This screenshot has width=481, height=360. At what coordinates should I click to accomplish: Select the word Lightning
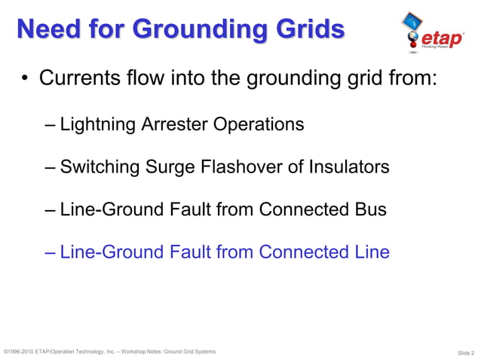point(97,124)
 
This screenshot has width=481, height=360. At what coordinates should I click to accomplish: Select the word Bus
point(371,209)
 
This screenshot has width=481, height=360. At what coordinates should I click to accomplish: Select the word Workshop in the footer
point(140,352)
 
